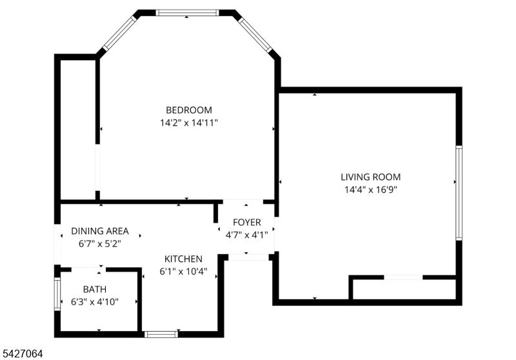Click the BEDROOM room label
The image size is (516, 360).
[189, 110]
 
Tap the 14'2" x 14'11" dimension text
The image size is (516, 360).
[189, 123]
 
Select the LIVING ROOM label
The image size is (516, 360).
[370, 177]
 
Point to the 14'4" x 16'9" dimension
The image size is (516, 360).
[371, 190]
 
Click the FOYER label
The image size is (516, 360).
[247, 223]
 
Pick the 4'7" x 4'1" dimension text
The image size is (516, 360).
[246, 235]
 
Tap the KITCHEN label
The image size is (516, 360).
[183, 259]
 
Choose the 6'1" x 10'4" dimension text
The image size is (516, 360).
[183, 272]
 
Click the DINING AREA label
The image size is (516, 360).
[100, 231]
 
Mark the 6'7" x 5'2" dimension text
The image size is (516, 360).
[100, 244]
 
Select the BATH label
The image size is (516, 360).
[95, 289]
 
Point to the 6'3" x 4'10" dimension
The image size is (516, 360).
[95, 302]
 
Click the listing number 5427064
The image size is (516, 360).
[23, 354]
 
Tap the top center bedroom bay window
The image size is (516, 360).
[187, 12]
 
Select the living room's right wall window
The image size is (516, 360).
[459, 193]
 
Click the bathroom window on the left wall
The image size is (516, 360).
[57, 294]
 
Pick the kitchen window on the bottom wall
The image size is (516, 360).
[161, 334]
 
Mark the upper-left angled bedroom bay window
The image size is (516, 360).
[119, 34]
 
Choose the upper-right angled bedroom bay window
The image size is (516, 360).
[255, 35]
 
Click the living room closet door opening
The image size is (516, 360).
[403, 277]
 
